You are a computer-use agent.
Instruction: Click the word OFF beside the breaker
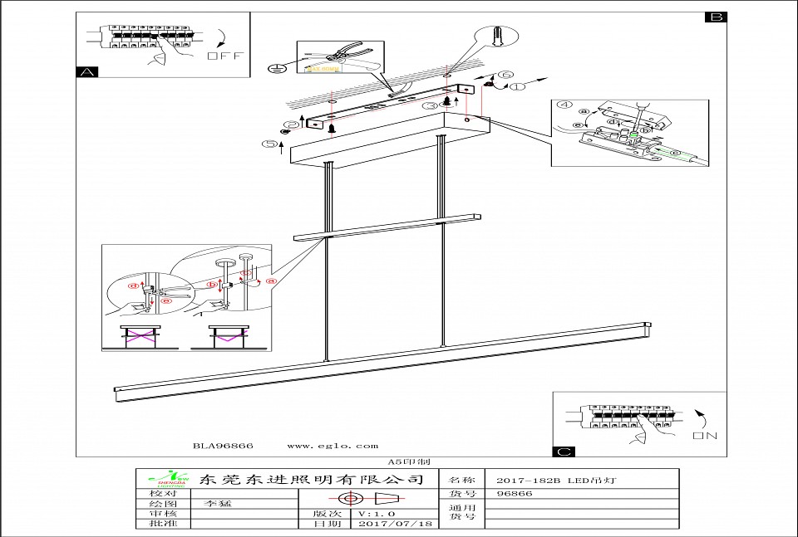(224, 56)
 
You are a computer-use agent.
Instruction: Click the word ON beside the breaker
(704, 435)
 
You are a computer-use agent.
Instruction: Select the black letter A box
(86, 72)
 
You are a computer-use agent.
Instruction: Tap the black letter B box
(716, 17)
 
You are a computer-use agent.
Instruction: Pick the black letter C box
(564, 452)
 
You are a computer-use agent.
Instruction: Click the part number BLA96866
(223, 446)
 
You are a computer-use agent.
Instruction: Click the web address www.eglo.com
(332, 446)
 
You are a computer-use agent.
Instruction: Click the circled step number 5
(269, 144)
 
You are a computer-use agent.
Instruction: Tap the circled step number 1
(518, 85)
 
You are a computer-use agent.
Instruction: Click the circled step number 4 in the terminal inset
(564, 106)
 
